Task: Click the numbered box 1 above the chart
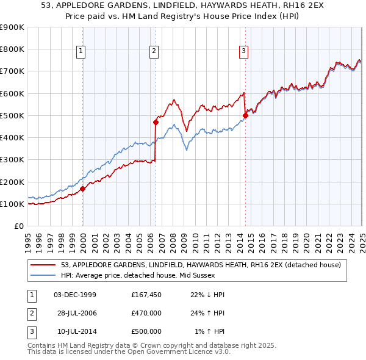pos(82,51)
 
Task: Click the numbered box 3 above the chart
pos(243,51)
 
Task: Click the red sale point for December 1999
pos(83,189)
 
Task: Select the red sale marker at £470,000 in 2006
pos(156,122)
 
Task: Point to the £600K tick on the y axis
pos(12,93)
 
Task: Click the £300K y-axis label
pos(12,160)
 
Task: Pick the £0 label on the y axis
pos(20,226)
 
